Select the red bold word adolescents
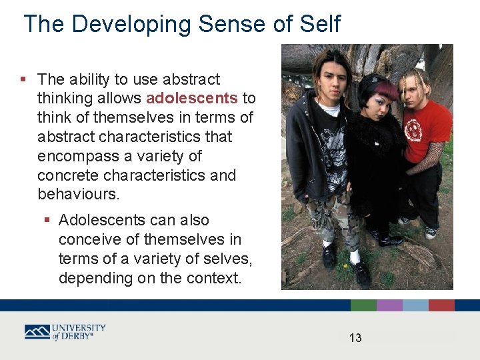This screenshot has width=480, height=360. tap(191, 99)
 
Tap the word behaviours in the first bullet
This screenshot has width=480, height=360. tap(77, 195)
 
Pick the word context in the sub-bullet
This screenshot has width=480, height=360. tap(214, 278)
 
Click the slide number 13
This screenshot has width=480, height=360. tap(355, 338)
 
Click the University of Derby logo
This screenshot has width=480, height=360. tap(65, 332)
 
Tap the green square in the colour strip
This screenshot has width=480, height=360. tap(363, 305)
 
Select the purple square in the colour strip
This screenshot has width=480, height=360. tap(389, 305)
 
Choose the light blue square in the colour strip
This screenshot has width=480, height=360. tap(415, 305)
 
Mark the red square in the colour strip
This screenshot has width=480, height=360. tap(441, 305)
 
